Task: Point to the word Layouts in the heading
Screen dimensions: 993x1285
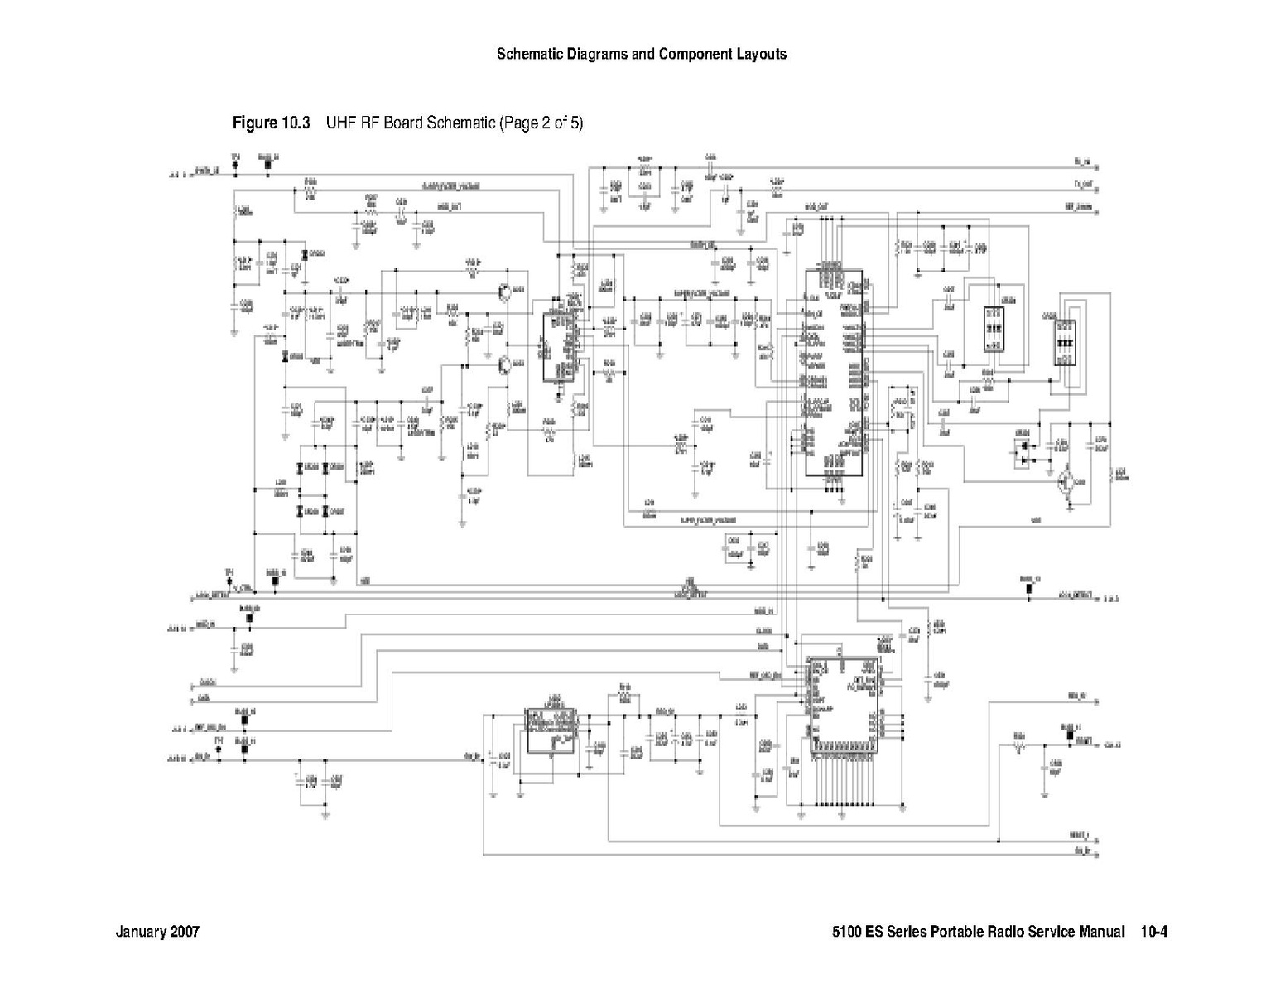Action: coord(760,55)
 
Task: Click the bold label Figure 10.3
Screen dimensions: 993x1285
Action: coord(271,123)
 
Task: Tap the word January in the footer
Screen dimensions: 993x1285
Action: coord(141,932)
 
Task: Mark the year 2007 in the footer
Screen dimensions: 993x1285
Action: coord(185,932)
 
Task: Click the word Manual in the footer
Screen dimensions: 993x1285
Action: coord(1102,932)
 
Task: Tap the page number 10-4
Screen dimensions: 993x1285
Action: coord(1153,932)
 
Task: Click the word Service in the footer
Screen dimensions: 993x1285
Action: coord(1053,932)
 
